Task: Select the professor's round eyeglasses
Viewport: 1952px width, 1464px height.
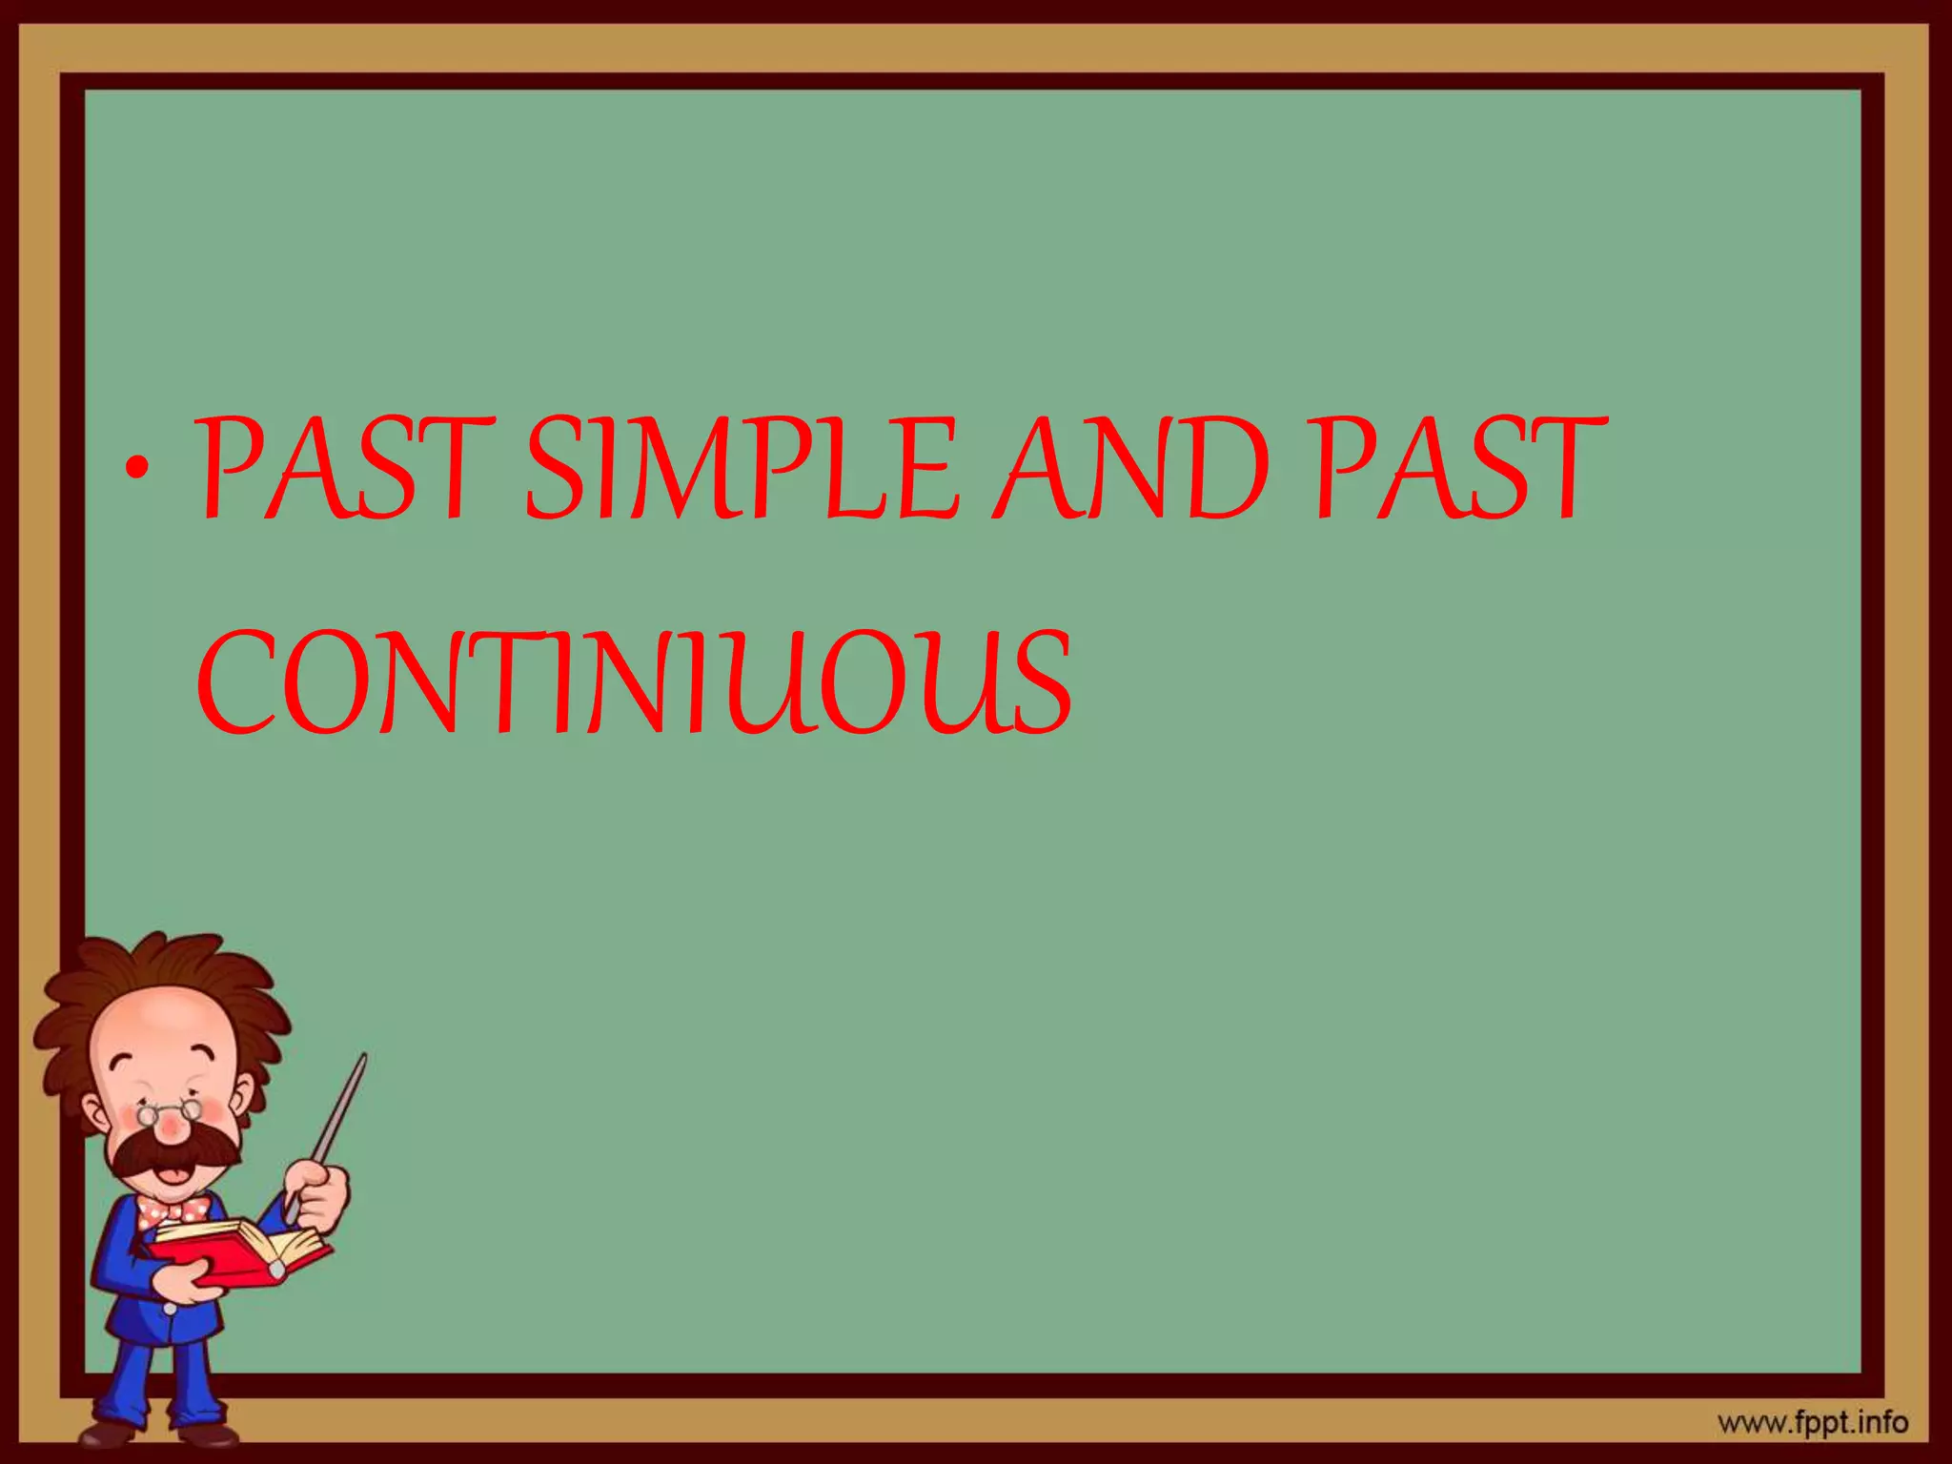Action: pos(170,1111)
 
